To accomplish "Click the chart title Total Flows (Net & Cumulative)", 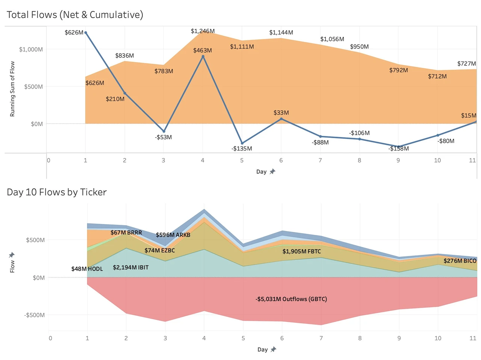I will (x=75, y=15).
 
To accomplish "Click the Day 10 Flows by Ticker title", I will (x=57, y=192).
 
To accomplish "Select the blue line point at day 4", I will (x=203, y=57).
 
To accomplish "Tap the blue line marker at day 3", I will (x=164, y=131).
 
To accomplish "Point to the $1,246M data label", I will (x=203, y=31).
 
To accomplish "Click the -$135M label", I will (x=242, y=149).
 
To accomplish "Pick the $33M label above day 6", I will (x=281, y=113).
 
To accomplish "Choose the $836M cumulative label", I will (x=124, y=56).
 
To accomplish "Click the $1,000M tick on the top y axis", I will (x=31, y=50).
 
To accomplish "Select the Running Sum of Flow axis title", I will (x=12, y=89).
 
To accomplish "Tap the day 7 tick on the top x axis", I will (x=320, y=160).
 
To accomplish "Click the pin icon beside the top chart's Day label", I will (x=272, y=172).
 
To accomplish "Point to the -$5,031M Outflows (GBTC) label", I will (x=291, y=299).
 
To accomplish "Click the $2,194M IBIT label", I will (x=130, y=268).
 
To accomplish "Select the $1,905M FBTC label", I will (x=301, y=252).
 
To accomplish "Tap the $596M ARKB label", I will (x=173, y=235).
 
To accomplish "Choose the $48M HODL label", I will (x=87, y=269).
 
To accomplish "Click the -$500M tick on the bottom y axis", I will (x=35, y=315).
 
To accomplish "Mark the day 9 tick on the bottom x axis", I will (x=399, y=338).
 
